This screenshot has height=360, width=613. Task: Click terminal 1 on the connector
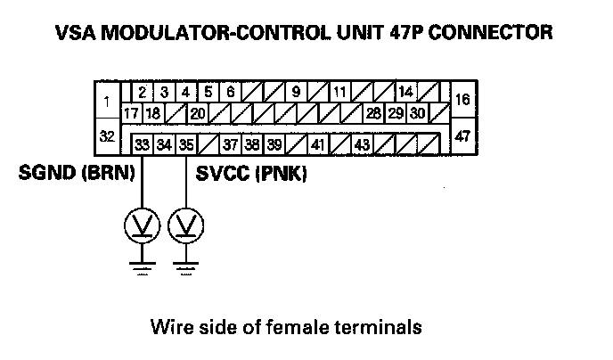coord(107,102)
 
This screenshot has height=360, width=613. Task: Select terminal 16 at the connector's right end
coord(462,101)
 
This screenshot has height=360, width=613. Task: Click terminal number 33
coord(142,144)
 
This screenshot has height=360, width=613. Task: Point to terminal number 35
coord(185,144)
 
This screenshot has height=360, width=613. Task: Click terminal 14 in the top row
coord(405,92)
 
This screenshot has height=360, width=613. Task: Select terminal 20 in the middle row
coord(197,113)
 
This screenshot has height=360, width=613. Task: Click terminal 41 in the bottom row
coord(318,144)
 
